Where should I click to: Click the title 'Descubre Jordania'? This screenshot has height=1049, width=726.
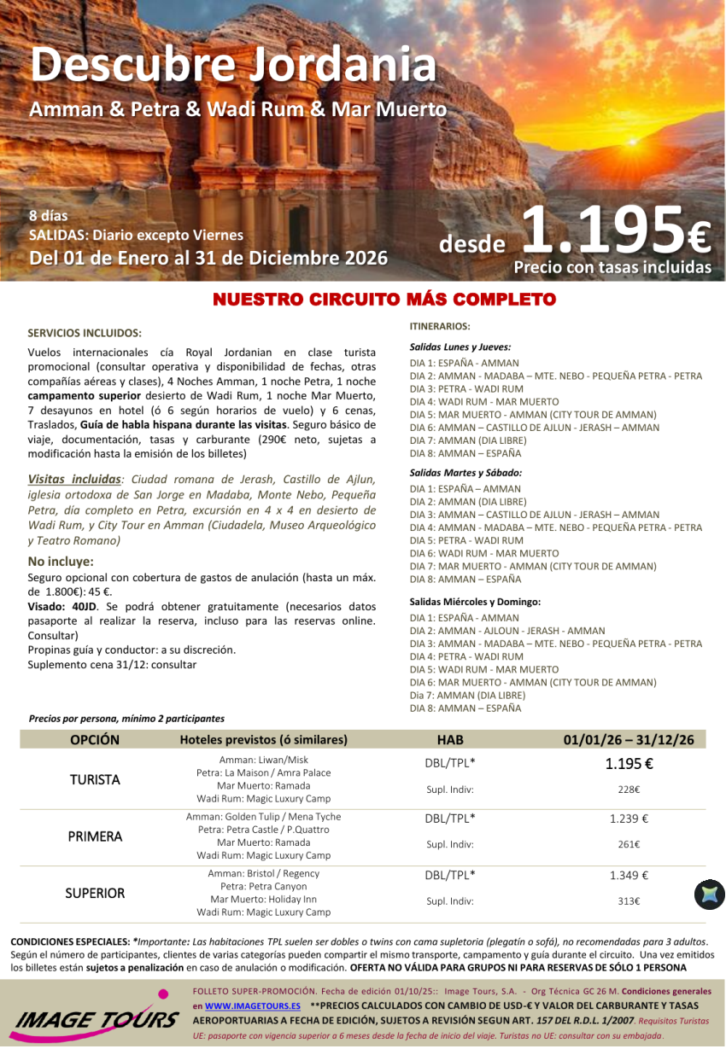pyautogui.click(x=232, y=65)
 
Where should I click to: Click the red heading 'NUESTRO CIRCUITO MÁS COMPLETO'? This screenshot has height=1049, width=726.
pyautogui.click(x=383, y=300)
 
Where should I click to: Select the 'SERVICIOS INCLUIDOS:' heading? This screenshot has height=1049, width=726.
pyautogui.click(x=85, y=333)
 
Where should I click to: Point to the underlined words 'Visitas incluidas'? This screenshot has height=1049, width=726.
pyautogui.click(x=73, y=480)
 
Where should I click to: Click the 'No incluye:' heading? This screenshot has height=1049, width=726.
pyautogui.click(x=61, y=562)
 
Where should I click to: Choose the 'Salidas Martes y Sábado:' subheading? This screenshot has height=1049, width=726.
pyautogui.click(x=465, y=473)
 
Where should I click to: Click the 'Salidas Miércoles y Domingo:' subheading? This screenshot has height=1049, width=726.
pyautogui.click(x=475, y=602)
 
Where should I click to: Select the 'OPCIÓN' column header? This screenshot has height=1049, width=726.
pyautogui.click(x=95, y=740)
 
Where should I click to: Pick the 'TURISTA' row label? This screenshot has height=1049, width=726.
pyautogui.click(x=95, y=779)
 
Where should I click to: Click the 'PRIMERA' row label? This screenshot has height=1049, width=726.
pyautogui.click(x=95, y=836)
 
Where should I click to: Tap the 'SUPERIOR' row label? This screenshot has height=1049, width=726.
pyautogui.click(x=95, y=893)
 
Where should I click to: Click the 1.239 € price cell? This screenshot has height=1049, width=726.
pyautogui.click(x=629, y=819)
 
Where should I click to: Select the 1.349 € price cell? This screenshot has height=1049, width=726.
pyautogui.click(x=629, y=875)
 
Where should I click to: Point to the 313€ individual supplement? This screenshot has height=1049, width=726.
pyautogui.click(x=629, y=900)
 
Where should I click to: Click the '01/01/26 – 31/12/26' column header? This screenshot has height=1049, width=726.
pyautogui.click(x=629, y=740)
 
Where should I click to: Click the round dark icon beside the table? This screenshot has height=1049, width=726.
pyautogui.click(x=709, y=894)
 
